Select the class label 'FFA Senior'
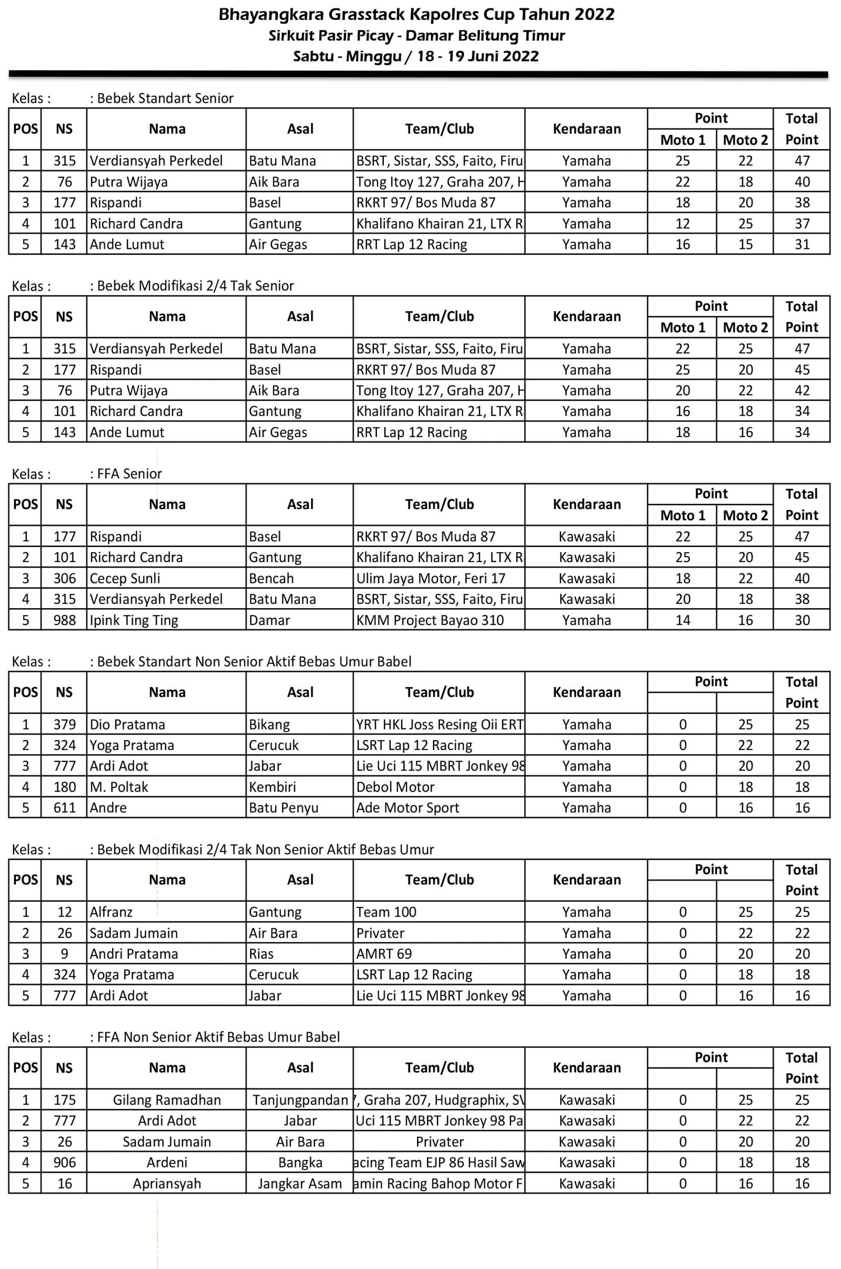(x=129, y=473)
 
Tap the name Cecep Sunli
(x=125, y=578)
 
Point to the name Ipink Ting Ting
(x=133, y=620)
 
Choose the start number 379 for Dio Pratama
(x=64, y=724)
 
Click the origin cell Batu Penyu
(x=284, y=808)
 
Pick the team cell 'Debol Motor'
(x=395, y=787)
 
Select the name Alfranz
(x=111, y=912)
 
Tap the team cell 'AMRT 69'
(x=384, y=953)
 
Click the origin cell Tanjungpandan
(x=300, y=1099)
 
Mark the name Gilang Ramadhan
(x=167, y=1099)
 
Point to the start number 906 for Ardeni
(x=64, y=1162)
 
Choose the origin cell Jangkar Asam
(x=300, y=1183)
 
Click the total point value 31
(x=802, y=244)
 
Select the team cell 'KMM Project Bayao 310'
(x=430, y=620)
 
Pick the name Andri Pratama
(x=133, y=953)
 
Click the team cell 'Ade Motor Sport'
(x=408, y=808)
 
